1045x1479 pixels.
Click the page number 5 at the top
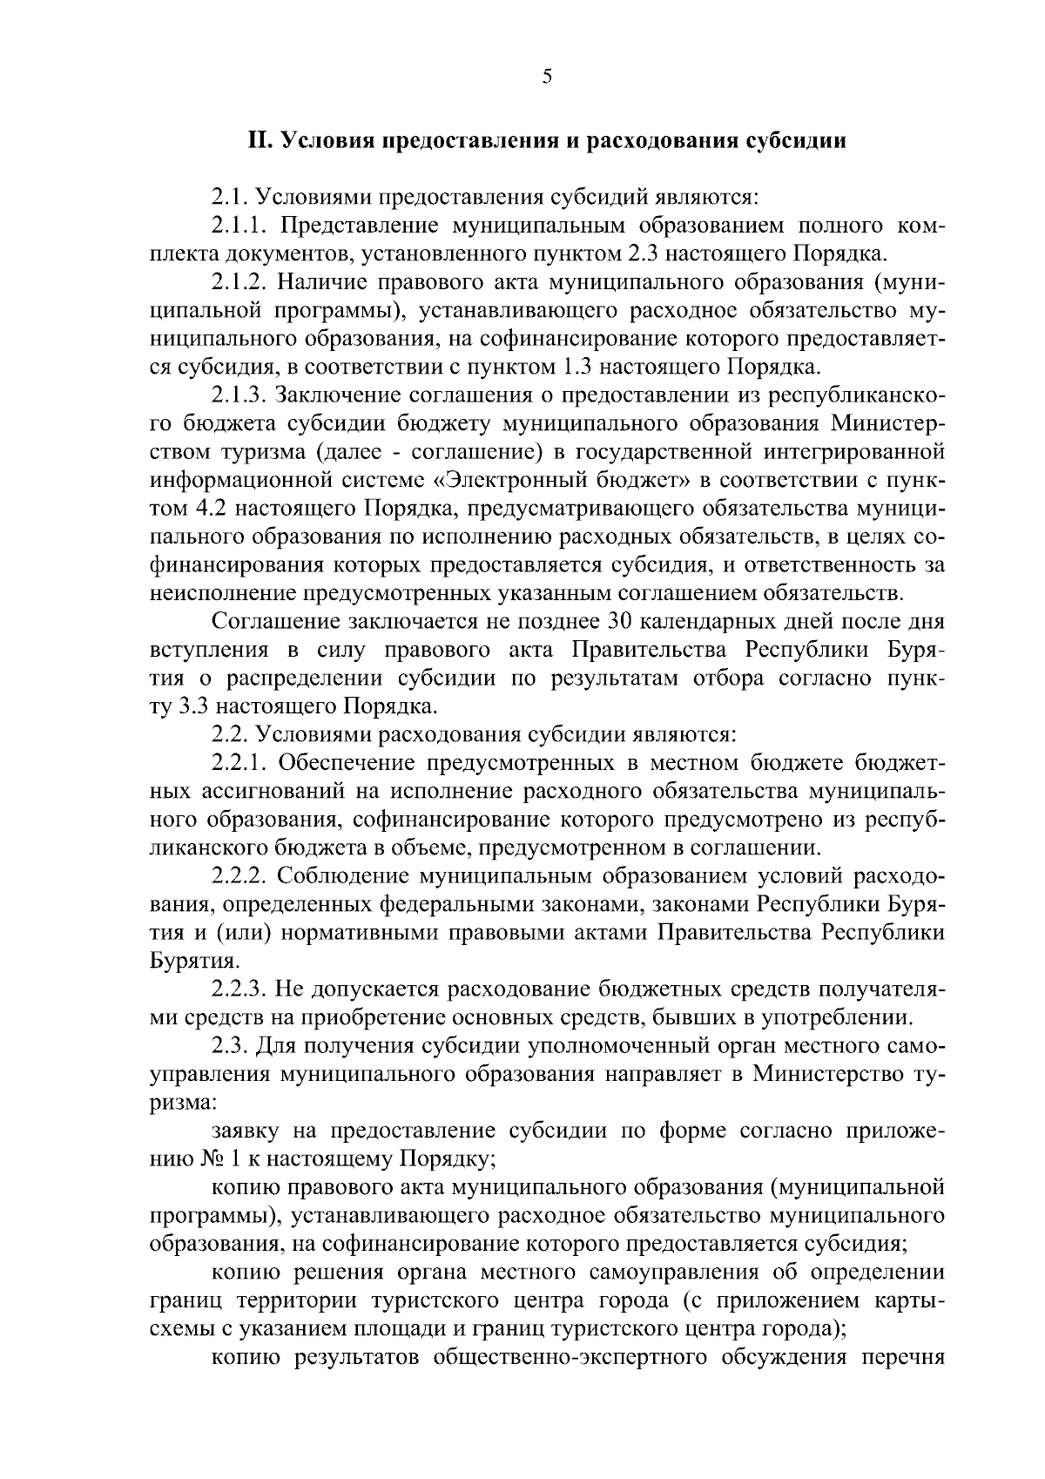(547, 77)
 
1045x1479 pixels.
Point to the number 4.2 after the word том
(203, 508)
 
